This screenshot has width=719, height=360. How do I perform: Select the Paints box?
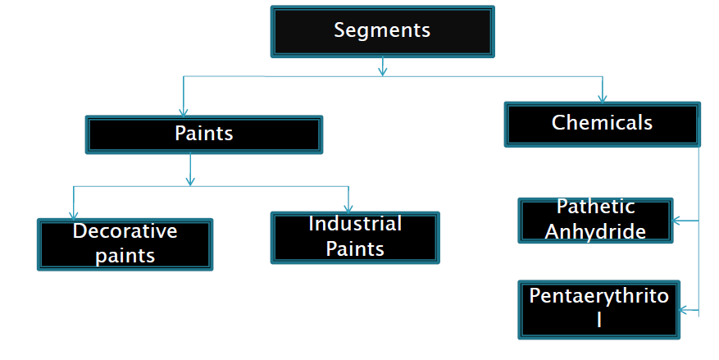coord(204,134)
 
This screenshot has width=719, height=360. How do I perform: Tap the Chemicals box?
coord(603,123)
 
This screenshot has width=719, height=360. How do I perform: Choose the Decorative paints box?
coord(125,244)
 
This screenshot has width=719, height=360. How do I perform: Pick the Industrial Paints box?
coord(355,237)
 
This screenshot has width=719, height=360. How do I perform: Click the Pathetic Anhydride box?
coord(595,220)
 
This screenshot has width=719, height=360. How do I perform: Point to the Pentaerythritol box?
coord(599,309)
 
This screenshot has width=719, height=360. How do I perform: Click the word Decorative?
coord(125,231)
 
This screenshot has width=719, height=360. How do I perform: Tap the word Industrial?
coord(355,224)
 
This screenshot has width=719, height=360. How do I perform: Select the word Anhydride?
coord(595,231)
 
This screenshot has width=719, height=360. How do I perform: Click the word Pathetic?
coord(595,207)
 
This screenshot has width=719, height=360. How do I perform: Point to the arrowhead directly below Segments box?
coord(382,71)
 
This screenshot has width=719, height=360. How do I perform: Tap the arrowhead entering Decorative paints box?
coord(73,213)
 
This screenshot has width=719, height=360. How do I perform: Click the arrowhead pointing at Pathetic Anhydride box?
coord(678,221)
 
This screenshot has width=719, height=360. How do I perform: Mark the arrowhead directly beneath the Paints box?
coord(190,180)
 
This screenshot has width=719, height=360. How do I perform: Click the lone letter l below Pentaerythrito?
coord(599,321)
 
